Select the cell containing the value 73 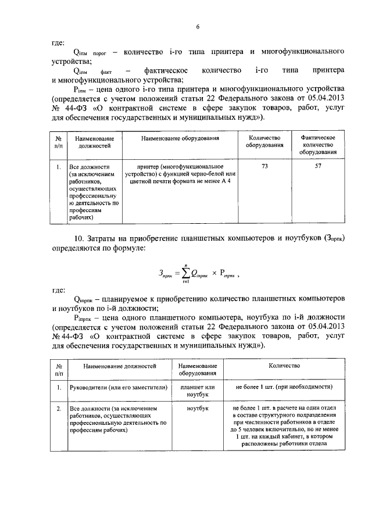264,166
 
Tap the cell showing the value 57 318,166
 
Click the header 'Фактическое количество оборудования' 318,145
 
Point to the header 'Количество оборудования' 264,142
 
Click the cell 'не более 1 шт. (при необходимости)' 284,387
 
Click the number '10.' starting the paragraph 80,239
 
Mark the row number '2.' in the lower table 59,409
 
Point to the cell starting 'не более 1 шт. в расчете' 284,427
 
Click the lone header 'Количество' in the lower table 284,366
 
